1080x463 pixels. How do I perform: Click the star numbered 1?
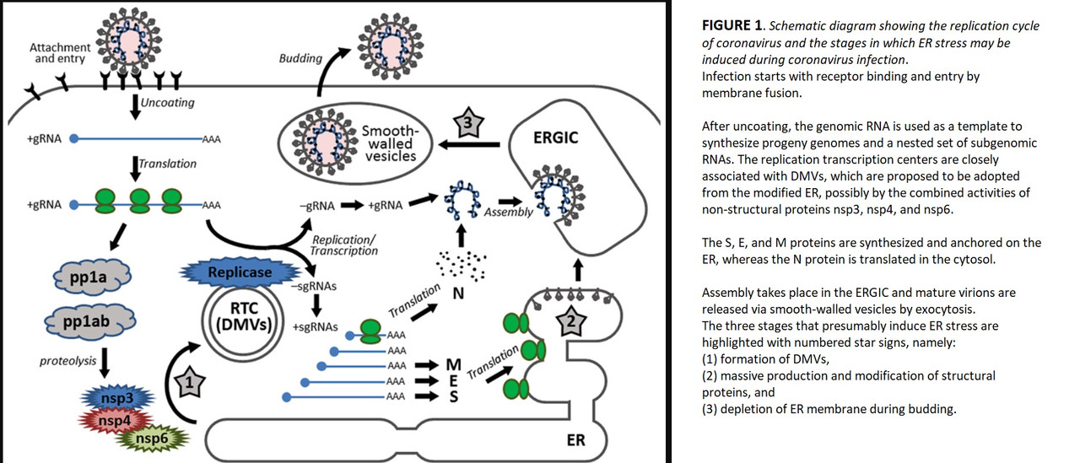pyautogui.click(x=189, y=383)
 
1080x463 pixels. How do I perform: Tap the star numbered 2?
pyautogui.click(x=571, y=320)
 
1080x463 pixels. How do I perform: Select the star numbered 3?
pyautogui.click(x=467, y=122)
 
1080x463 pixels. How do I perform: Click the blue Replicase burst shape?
pyautogui.click(x=240, y=272)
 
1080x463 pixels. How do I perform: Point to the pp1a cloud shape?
pyautogui.click(x=92, y=277)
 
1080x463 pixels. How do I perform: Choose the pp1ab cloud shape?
pyautogui.click(x=89, y=321)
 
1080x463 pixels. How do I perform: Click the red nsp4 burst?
pyautogui.click(x=115, y=421)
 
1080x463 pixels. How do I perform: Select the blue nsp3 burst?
pyautogui.click(x=117, y=398)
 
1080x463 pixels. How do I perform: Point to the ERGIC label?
pyautogui.click(x=555, y=137)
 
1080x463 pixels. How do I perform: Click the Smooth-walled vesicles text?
pyautogui.click(x=390, y=143)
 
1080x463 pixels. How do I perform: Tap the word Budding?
pyautogui.click(x=300, y=58)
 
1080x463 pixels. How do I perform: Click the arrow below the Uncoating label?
pyautogui.click(x=136, y=107)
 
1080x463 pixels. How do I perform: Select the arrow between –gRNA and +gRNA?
pyautogui.click(x=353, y=205)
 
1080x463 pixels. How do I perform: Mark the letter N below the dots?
pyautogui.click(x=458, y=293)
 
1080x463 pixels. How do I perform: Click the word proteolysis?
pyautogui.click(x=68, y=361)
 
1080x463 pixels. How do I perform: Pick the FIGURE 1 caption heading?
pyautogui.click(x=733, y=25)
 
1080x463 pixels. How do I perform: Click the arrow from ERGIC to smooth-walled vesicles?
pyautogui.click(x=468, y=144)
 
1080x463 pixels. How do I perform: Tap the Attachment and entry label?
pyautogui.click(x=60, y=53)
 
